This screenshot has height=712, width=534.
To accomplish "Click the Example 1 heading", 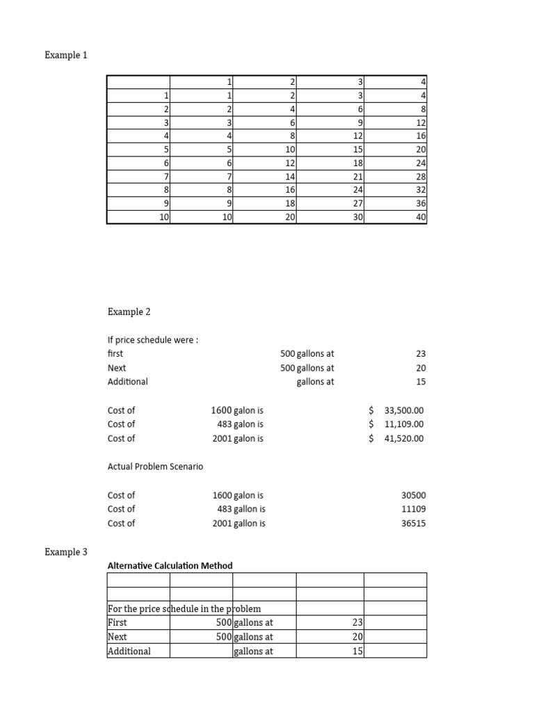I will point(67,56).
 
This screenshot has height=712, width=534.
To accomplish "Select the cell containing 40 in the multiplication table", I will point(421,217).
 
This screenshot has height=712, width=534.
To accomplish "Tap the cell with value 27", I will point(358,204).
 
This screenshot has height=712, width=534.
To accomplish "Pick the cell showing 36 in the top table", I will point(421,204).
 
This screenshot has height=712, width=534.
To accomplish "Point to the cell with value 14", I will point(291,177).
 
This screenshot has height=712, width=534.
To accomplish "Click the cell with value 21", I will point(358,177).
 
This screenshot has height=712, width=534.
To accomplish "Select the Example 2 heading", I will point(129,312).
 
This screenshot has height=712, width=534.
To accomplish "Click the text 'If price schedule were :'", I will point(148,339).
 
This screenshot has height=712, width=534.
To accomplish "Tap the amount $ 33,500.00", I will point(396,410).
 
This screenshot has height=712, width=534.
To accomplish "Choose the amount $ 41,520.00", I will point(396,438).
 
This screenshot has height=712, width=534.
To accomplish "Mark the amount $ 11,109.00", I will point(396,424).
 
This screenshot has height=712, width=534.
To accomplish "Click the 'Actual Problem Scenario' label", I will point(155,467).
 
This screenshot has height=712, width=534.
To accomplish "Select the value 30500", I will point(414,495).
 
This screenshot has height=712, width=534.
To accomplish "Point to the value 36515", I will point(414,523).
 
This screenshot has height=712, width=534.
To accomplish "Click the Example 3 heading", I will point(67,552).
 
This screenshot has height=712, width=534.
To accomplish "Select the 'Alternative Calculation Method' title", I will point(170,565).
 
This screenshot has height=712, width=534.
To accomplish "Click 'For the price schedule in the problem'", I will point(184,608).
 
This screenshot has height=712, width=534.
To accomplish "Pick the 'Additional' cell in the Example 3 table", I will point(129,652).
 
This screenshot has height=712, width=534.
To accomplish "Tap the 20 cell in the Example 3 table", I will point(357,637).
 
